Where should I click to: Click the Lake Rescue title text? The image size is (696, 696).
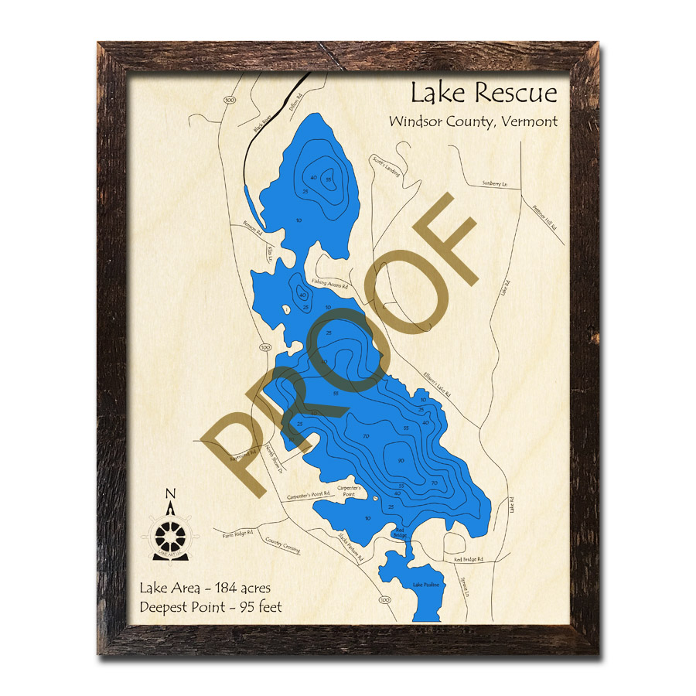(x=483, y=94)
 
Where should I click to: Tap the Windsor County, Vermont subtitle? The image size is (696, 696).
(x=473, y=121)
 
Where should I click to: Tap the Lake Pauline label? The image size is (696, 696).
(x=425, y=585)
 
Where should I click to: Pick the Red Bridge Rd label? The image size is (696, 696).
(x=469, y=558)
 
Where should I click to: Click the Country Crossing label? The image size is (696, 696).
(x=282, y=545)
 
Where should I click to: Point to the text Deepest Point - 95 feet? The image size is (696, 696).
(x=211, y=607)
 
